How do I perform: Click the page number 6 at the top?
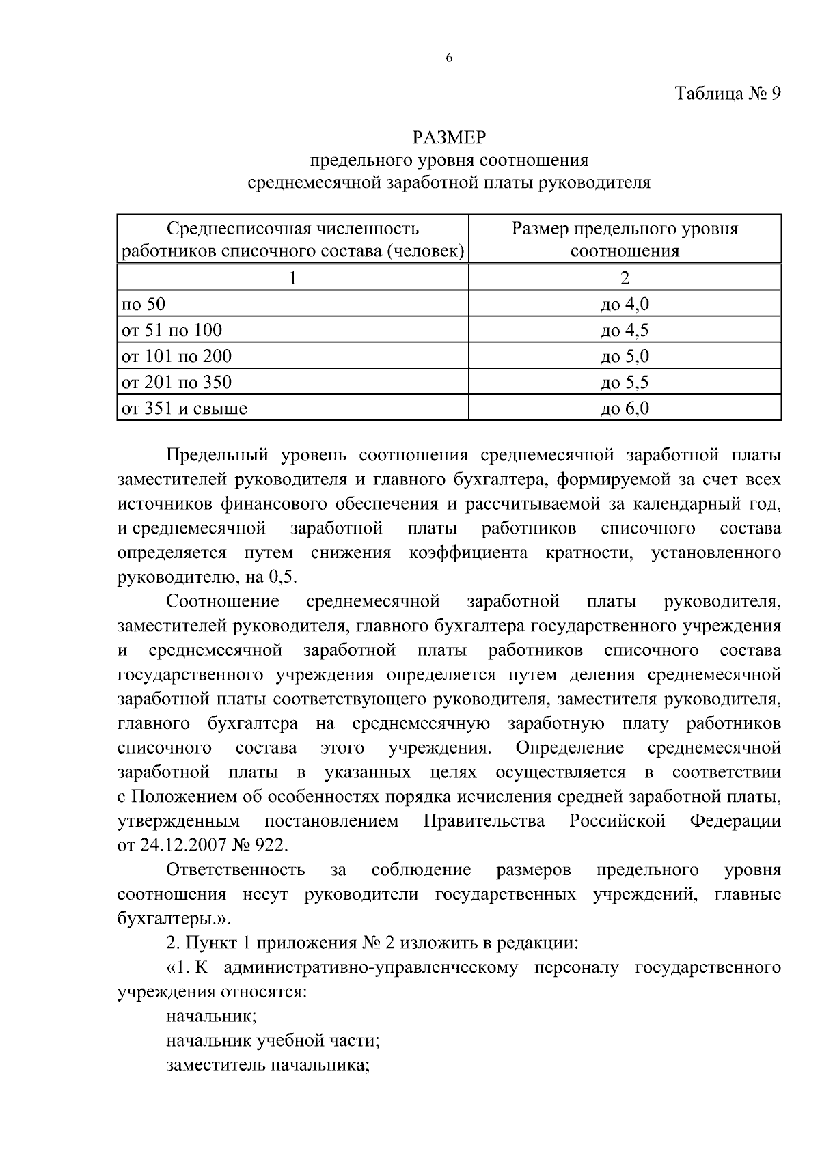(449, 59)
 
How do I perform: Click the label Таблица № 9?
(727, 94)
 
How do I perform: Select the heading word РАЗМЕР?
(449, 138)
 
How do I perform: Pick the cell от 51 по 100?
(172, 330)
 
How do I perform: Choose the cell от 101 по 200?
(176, 356)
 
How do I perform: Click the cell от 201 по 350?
(176, 382)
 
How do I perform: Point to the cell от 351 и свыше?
(184, 409)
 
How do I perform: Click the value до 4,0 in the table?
(624, 304)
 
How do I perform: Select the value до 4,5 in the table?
(624, 330)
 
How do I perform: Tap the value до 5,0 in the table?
(624, 356)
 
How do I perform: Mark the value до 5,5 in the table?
(624, 382)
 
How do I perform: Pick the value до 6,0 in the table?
(624, 409)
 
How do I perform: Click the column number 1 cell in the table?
(293, 277)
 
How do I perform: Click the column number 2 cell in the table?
(624, 277)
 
